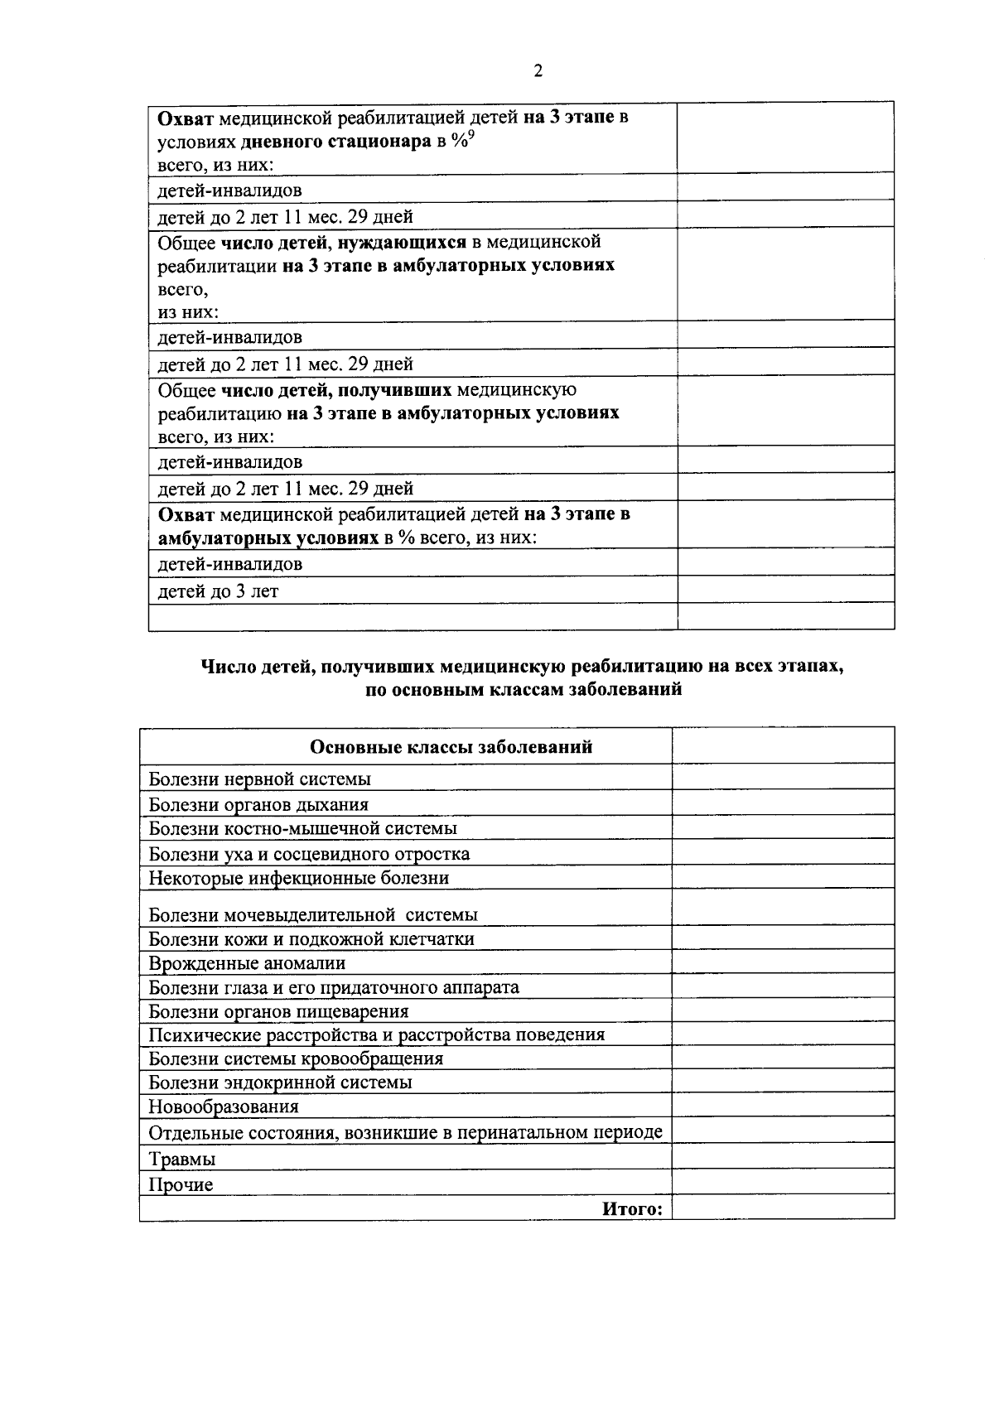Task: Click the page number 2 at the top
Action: coord(538,71)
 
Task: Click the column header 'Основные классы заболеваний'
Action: coord(451,747)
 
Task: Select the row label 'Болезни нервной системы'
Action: coord(259,779)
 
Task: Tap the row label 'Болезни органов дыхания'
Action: coord(258,805)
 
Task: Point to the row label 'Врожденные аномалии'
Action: coord(247,964)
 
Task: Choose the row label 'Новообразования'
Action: coord(224,1107)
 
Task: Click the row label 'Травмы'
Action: coord(181,1160)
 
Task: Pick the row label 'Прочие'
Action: coord(181,1185)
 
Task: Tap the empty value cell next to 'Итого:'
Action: coord(783,1208)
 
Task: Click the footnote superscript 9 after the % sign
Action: coord(470,136)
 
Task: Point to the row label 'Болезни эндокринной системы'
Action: coord(280,1083)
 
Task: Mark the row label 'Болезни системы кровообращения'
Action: coord(296,1059)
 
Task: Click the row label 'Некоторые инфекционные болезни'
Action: coord(298,878)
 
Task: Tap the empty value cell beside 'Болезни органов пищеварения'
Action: coord(783,1011)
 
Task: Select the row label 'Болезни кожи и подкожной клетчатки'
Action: coord(311,939)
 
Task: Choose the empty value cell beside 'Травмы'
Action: coord(783,1158)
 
